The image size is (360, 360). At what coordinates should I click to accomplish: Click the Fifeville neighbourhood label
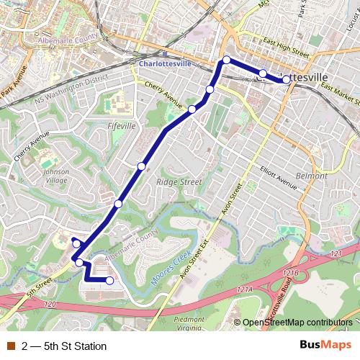(121, 125)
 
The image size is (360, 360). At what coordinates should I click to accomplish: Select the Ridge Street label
(179, 182)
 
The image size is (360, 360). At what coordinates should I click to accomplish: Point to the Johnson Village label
(56, 176)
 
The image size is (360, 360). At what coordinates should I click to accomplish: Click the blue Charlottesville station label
(166, 63)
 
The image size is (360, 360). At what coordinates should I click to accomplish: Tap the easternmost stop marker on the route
(287, 80)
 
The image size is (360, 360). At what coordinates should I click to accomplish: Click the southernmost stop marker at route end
(109, 281)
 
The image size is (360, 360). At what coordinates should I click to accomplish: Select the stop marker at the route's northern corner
(226, 60)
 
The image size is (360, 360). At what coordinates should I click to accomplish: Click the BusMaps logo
(325, 346)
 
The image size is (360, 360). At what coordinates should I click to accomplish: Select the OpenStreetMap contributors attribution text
(297, 323)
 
